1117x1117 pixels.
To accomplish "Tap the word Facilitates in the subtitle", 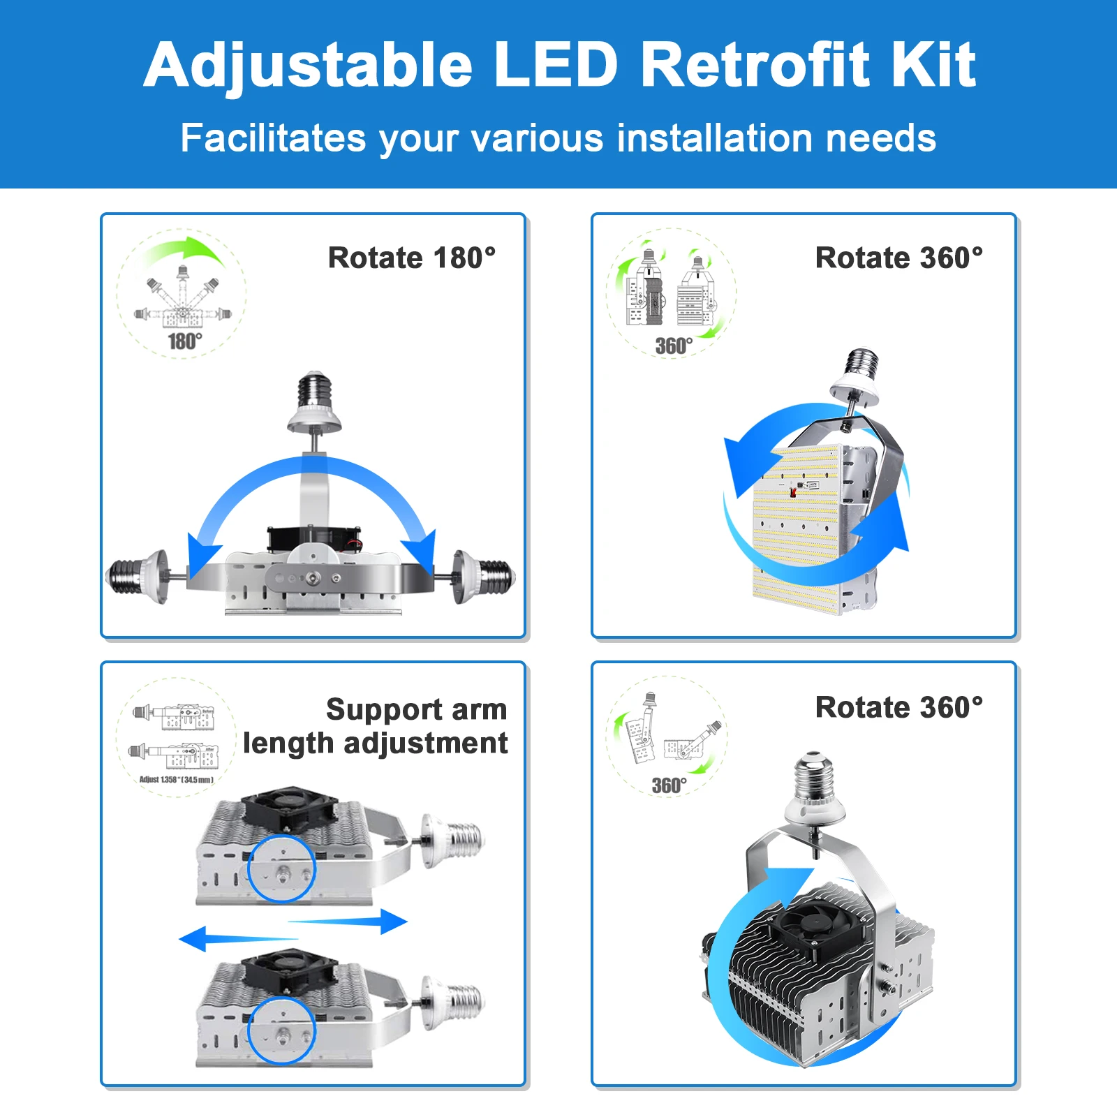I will tap(273, 138).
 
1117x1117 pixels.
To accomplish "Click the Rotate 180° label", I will tap(412, 258).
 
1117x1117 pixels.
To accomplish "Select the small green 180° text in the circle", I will tap(185, 341).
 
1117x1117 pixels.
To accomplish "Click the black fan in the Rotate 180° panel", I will tap(314, 538).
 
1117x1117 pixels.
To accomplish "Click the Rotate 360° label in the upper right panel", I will tap(899, 258).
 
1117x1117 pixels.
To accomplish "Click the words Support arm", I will tap(416, 709).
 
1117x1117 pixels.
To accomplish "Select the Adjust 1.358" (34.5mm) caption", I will tap(177, 780).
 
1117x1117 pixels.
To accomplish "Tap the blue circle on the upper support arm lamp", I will tap(282, 868).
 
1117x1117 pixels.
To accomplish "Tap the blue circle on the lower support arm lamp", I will tap(282, 1030).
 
